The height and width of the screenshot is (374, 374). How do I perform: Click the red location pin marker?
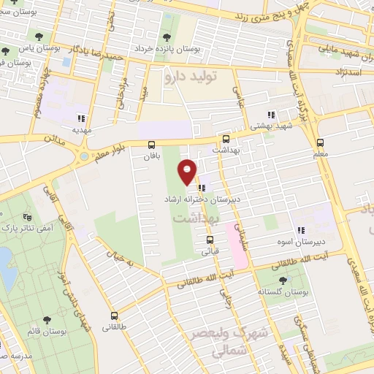[188, 171]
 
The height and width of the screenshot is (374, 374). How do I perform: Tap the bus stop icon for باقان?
[151, 145]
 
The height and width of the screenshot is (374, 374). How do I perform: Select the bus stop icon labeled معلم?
[319, 143]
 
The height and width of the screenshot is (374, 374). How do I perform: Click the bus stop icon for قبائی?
[210, 240]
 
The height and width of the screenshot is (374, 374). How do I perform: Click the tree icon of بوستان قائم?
[47, 320]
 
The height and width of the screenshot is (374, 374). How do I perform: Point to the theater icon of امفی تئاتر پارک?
[28, 217]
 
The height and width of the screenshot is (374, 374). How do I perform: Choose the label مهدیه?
[80, 129]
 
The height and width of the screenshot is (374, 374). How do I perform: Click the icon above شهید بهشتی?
[271, 115]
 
